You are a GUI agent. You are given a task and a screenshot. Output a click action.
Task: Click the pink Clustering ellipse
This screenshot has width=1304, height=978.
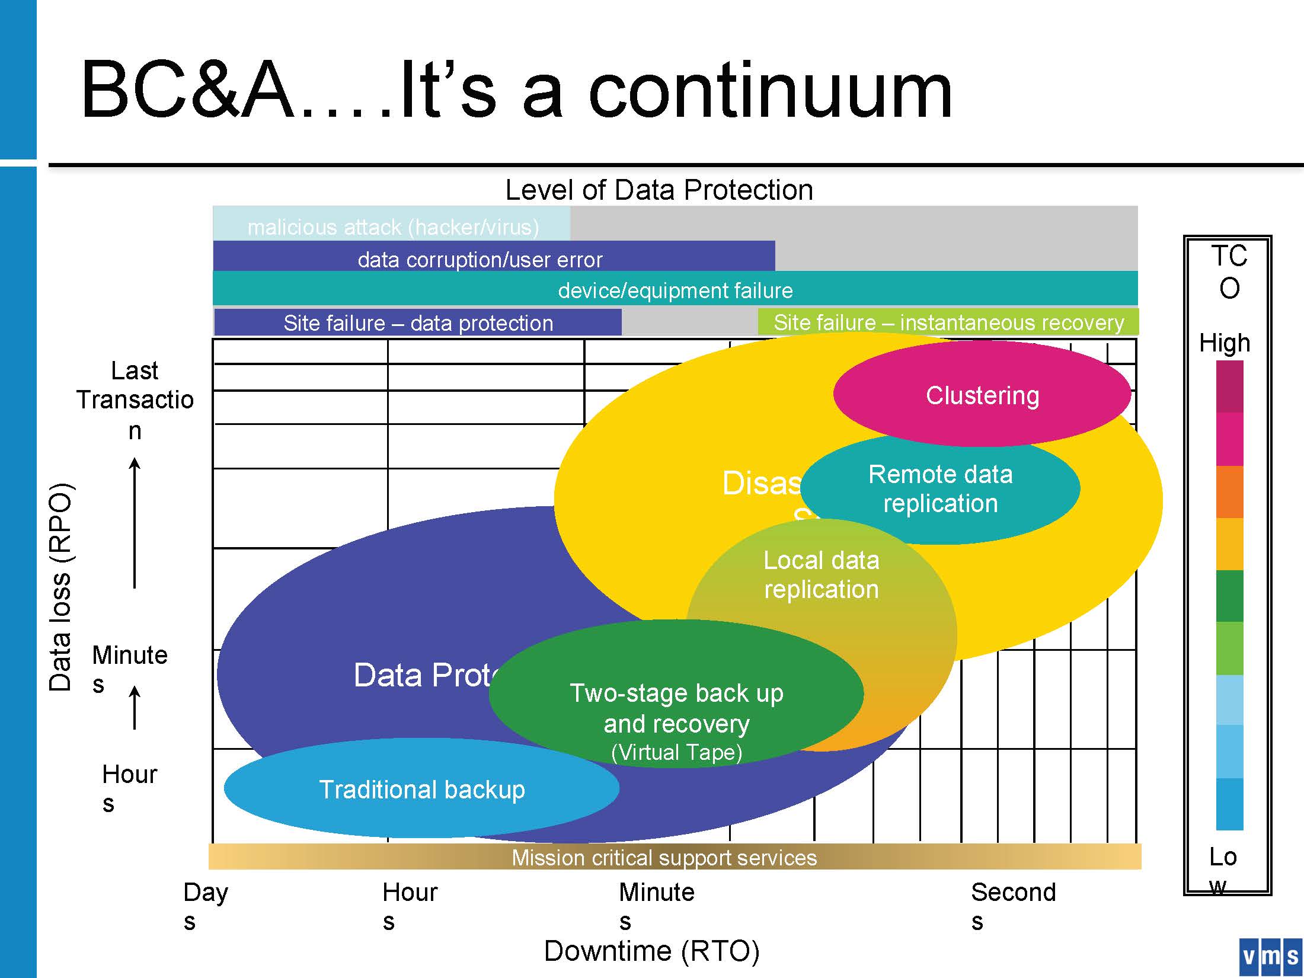coord(982,395)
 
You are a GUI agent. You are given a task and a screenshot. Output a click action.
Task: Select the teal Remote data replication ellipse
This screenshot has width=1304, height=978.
coord(940,488)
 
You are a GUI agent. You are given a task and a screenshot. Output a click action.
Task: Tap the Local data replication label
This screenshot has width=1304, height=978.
coord(821,574)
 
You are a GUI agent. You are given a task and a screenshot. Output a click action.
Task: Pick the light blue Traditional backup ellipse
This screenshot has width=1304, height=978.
coord(421,789)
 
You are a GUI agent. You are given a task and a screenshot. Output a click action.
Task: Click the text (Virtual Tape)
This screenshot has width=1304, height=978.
coord(676,752)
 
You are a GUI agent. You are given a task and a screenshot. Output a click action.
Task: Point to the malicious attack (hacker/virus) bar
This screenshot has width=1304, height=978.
coord(392,226)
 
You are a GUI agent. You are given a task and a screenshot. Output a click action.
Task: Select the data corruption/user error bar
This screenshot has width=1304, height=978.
coord(480,259)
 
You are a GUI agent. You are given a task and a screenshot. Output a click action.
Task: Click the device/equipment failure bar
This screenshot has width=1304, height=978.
coord(675,290)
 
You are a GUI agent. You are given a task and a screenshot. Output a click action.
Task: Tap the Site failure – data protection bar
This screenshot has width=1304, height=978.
coord(418,323)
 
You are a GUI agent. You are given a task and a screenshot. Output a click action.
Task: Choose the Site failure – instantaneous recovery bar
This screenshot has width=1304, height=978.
coord(948,322)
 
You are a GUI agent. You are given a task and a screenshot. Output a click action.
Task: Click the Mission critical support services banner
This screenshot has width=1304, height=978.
coord(664,857)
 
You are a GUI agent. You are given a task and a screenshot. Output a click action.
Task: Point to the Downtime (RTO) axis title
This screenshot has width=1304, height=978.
coord(651,951)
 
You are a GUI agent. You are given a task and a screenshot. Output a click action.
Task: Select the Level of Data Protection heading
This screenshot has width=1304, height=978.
coord(659,190)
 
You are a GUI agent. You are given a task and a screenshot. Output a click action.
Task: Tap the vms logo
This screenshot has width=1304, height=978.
coord(1270,956)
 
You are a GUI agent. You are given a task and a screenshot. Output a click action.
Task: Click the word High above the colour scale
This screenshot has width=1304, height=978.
coord(1225,343)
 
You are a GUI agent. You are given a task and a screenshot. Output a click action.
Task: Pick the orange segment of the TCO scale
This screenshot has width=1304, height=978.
coord(1229,492)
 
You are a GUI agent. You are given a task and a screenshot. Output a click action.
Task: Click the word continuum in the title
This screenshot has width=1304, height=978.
coord(770,91)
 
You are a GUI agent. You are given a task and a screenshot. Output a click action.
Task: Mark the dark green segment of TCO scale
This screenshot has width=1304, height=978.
coord(1229,596)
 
